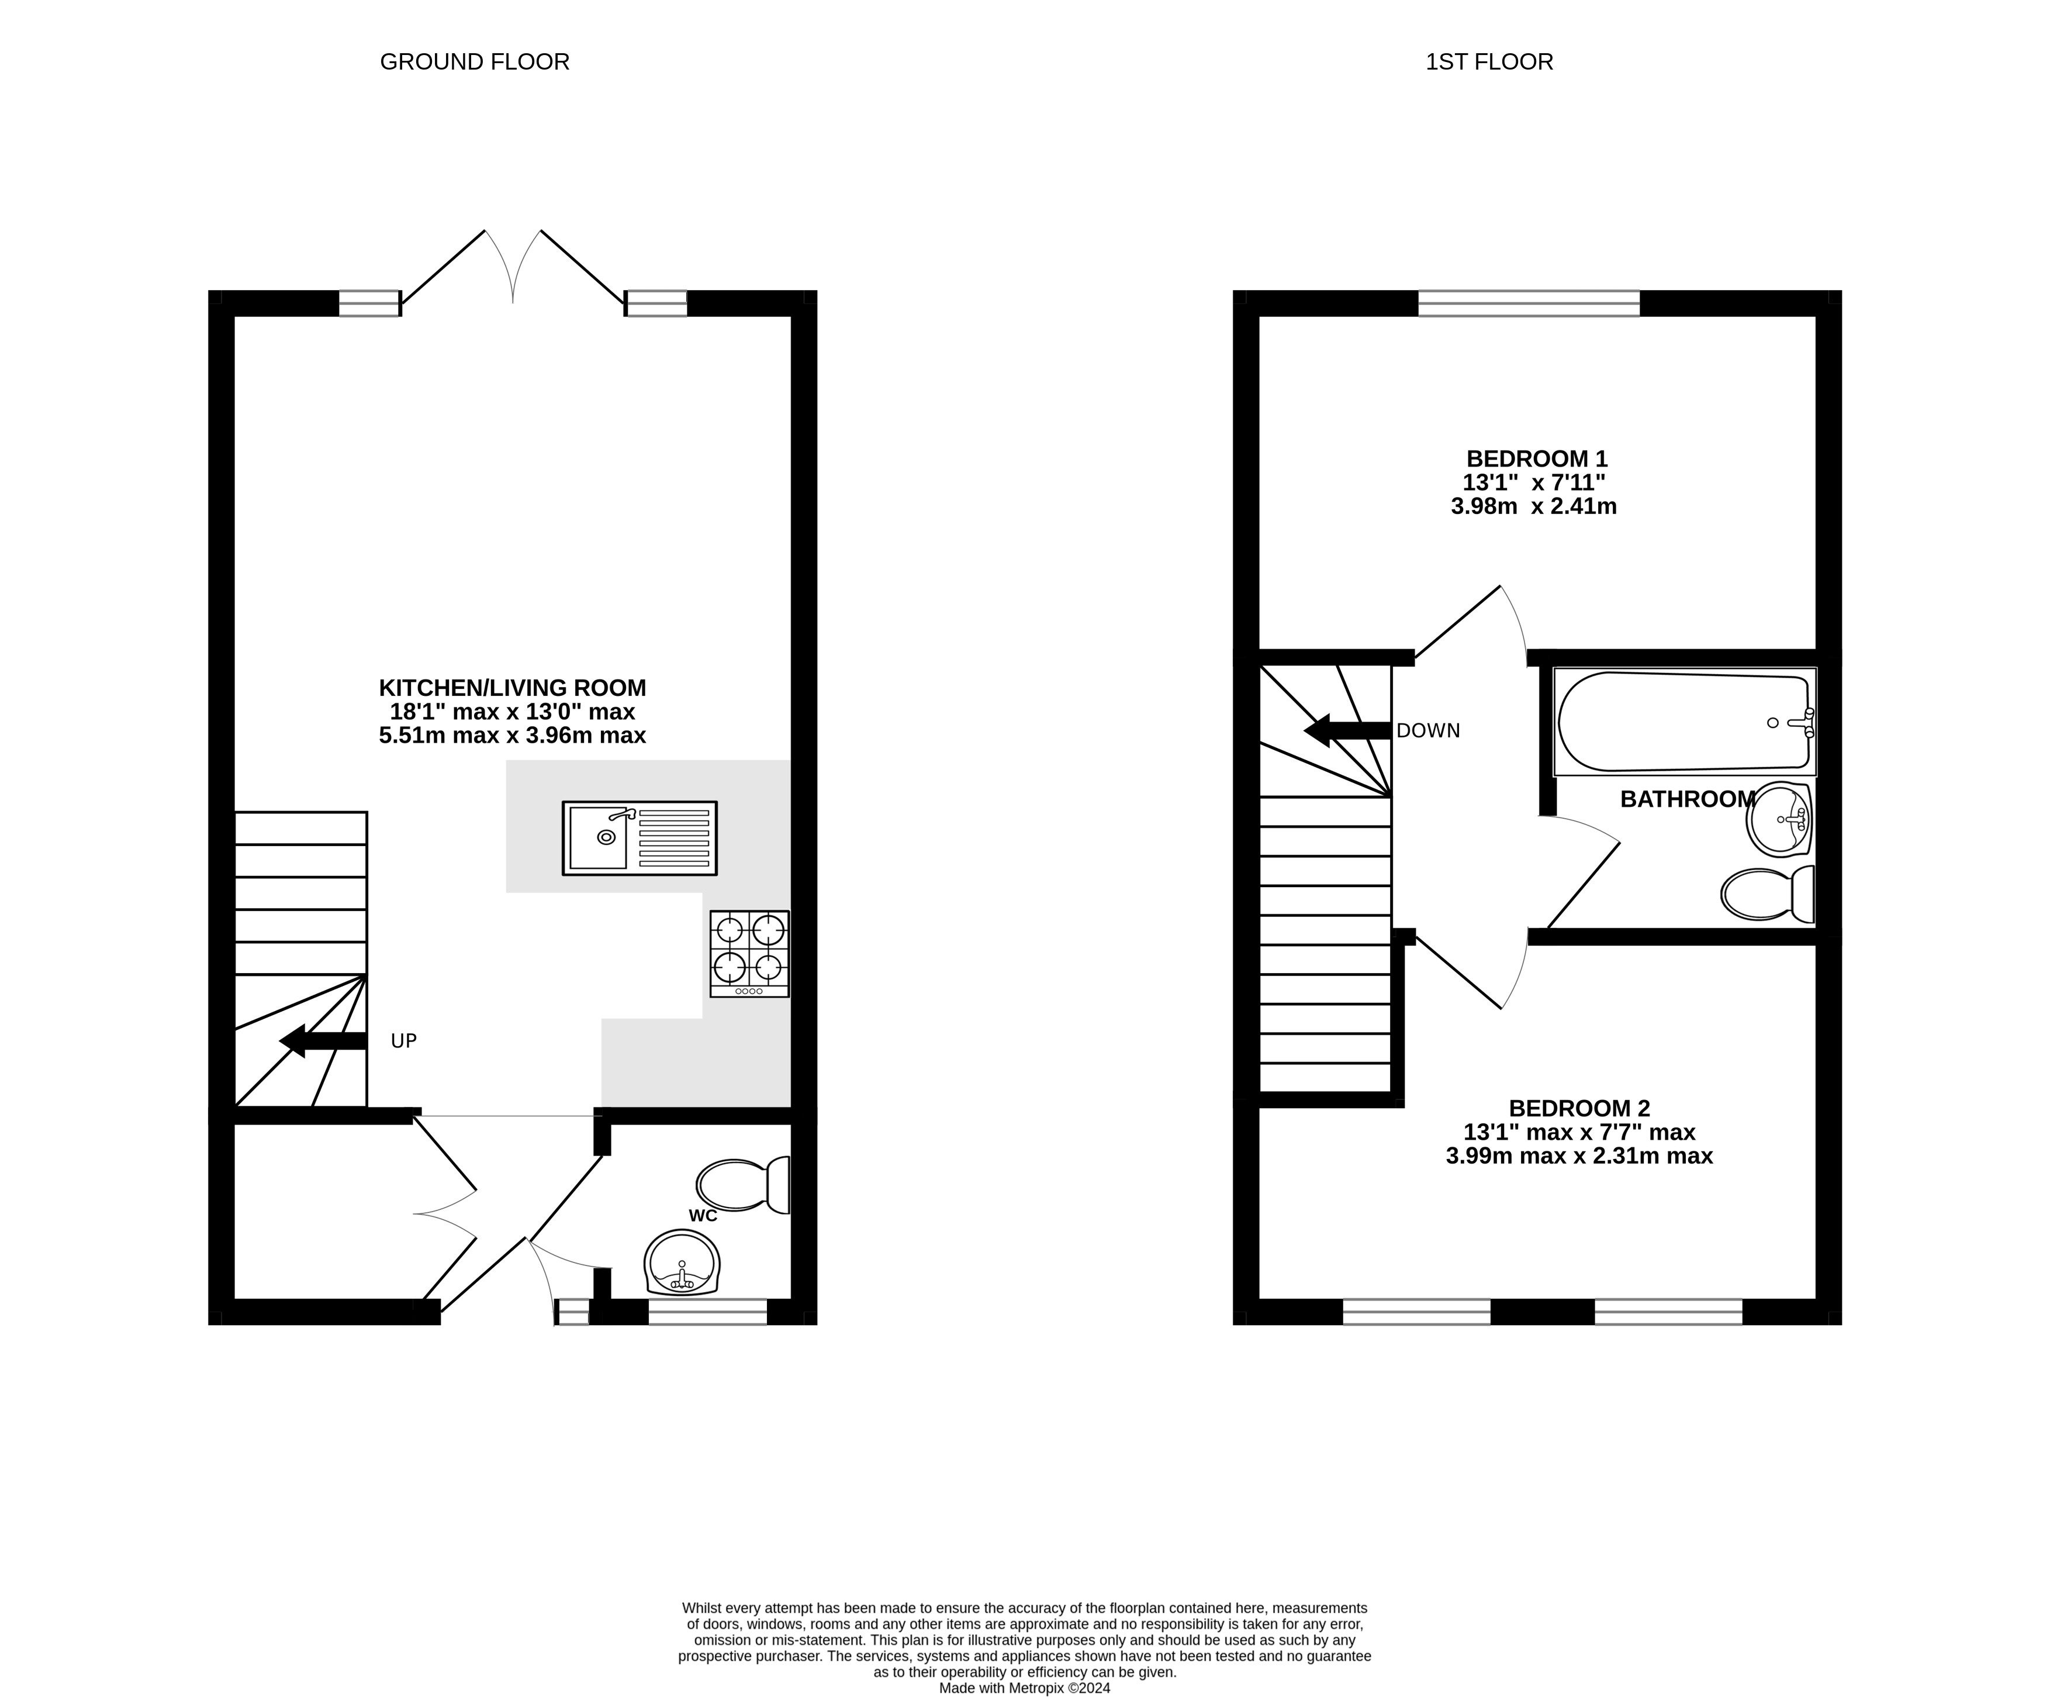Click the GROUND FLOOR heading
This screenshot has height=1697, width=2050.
click(475, 61)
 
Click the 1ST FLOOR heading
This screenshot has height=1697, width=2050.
click(1489, 61)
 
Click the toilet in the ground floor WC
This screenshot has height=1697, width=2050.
click(744, 1185)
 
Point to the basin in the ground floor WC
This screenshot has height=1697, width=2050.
click(682, 1263)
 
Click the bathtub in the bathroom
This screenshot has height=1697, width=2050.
click(1684, 722)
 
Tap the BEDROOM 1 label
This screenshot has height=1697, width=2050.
click(1537, 458)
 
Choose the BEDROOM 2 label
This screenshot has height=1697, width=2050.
click(1578, 1108)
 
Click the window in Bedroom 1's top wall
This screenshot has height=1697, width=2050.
click(1529, 303)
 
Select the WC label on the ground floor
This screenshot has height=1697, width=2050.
click(703, 1216)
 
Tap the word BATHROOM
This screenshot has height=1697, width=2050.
click(1687, 799)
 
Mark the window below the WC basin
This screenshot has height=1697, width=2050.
click(708, 1311)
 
